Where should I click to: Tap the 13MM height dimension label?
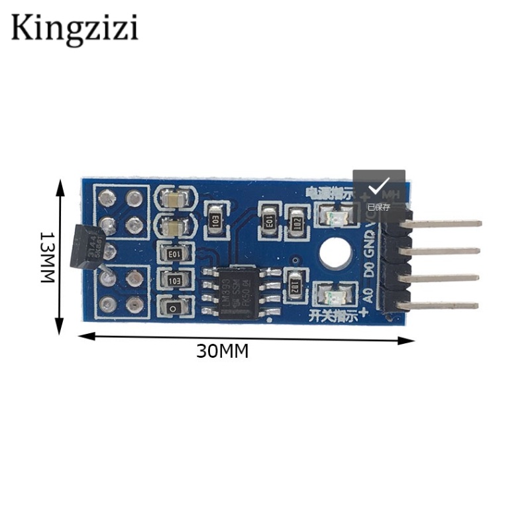pos(47,257)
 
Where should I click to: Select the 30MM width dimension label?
pos(222,351)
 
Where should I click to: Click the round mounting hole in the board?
pos(334,253)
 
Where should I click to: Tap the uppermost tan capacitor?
pos(176,198)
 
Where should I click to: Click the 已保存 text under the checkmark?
pos(379,207)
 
